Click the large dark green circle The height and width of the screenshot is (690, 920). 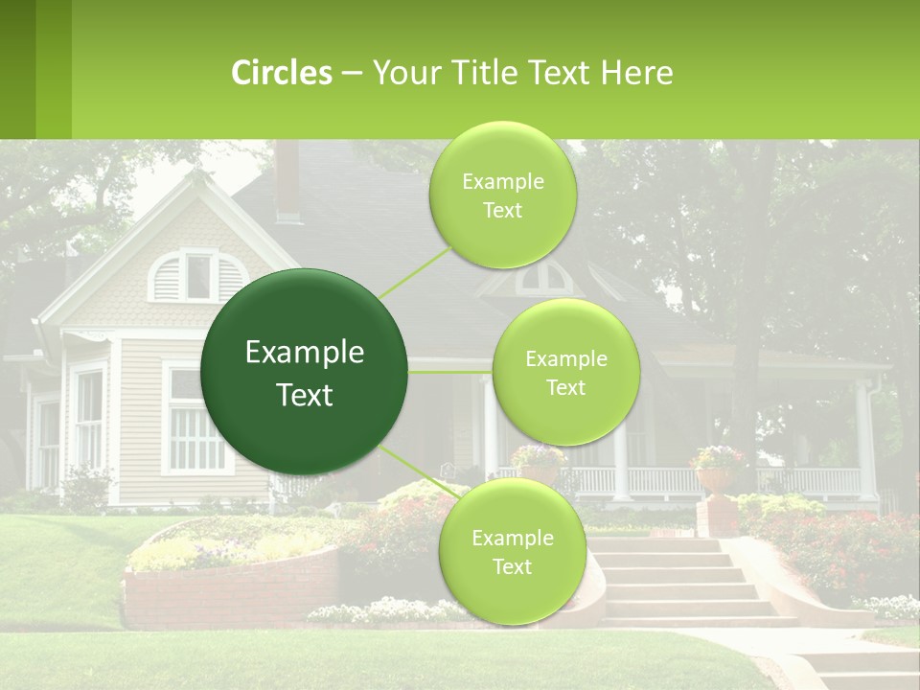305,373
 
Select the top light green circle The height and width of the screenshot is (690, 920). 502,195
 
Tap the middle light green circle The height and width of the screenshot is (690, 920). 565,372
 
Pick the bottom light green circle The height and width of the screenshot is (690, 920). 512,551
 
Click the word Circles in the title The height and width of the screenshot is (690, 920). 281,72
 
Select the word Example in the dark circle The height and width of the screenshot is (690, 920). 305,353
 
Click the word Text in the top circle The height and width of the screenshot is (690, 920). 502,211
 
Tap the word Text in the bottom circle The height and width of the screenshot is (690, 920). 512,567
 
